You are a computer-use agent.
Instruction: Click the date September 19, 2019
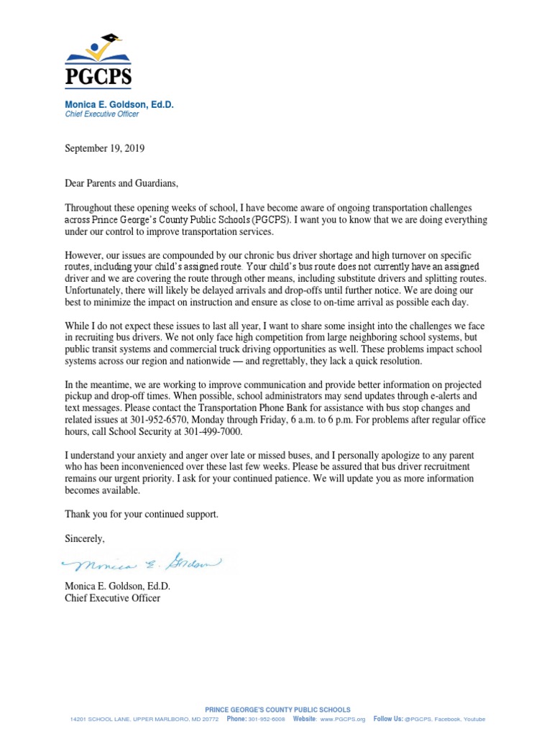click(105, 149)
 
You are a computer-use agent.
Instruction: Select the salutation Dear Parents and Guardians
click(120, 183)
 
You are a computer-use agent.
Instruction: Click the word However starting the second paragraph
click(84, 254)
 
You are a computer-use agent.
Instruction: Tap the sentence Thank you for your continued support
click(142, 514)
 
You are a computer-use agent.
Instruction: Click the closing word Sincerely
click(85, 538)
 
